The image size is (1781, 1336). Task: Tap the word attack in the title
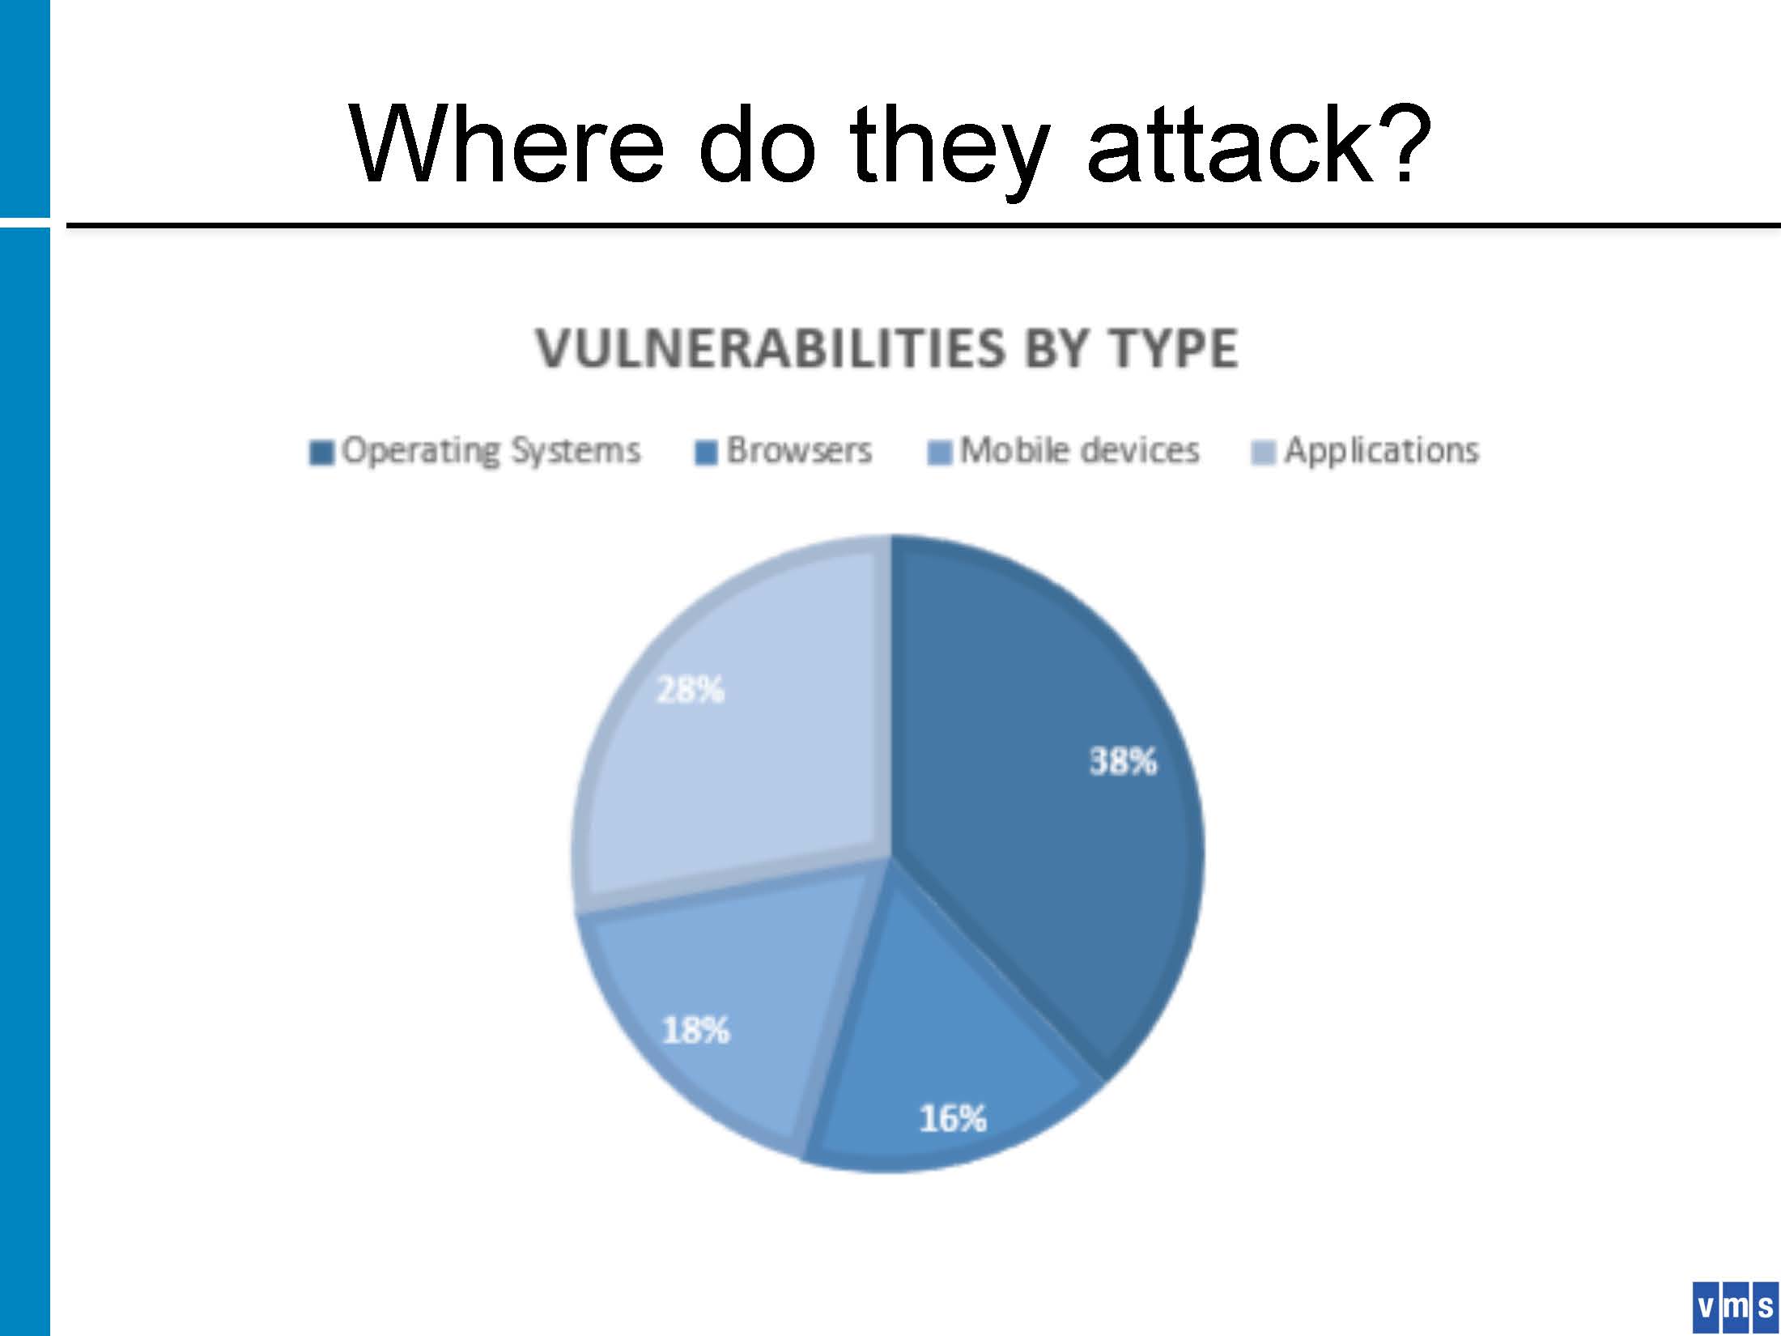[1231, 146]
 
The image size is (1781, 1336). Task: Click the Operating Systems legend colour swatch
[321, 453]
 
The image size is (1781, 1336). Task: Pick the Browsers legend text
[799, 450]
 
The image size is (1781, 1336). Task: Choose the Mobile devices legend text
[1079, 450]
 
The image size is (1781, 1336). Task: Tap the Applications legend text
[1382, 451]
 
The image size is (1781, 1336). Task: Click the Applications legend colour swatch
[1264, 453]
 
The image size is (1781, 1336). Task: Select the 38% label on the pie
[1123, 761]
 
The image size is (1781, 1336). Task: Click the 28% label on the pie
[690, 690]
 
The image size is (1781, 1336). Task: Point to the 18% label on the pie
[696, 1031]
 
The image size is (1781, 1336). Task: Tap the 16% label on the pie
[953, 1119]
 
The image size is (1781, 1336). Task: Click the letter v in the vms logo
[1706, 1306]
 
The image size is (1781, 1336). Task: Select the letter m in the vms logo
[1735, 1306]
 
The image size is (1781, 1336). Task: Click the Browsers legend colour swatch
[707, 453]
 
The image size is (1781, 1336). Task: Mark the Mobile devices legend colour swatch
[939, 453]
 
